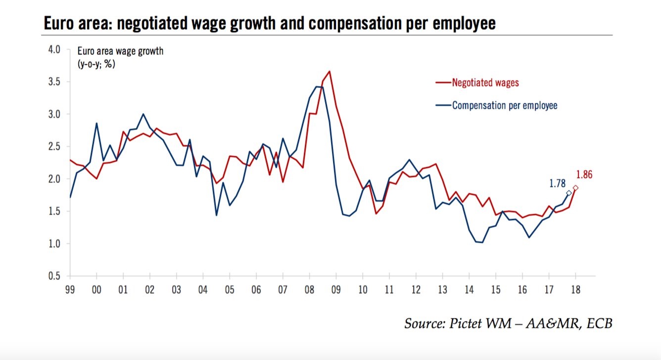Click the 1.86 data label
coord(584,175)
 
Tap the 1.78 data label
coord(557,183)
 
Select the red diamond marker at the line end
coord(575,188)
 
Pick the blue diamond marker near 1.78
coord(569,193)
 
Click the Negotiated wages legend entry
coord(485,83)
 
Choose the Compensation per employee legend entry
coord(504,105)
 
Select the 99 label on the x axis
coord(70,288)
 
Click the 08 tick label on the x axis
coord(309,288)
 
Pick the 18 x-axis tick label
coord(575,288)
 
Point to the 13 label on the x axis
coord(442,288)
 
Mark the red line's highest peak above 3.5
coord(330,71)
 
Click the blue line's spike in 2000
coord(96,123)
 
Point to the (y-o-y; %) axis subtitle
coord(96,63)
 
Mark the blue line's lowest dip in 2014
coord(482,242)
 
